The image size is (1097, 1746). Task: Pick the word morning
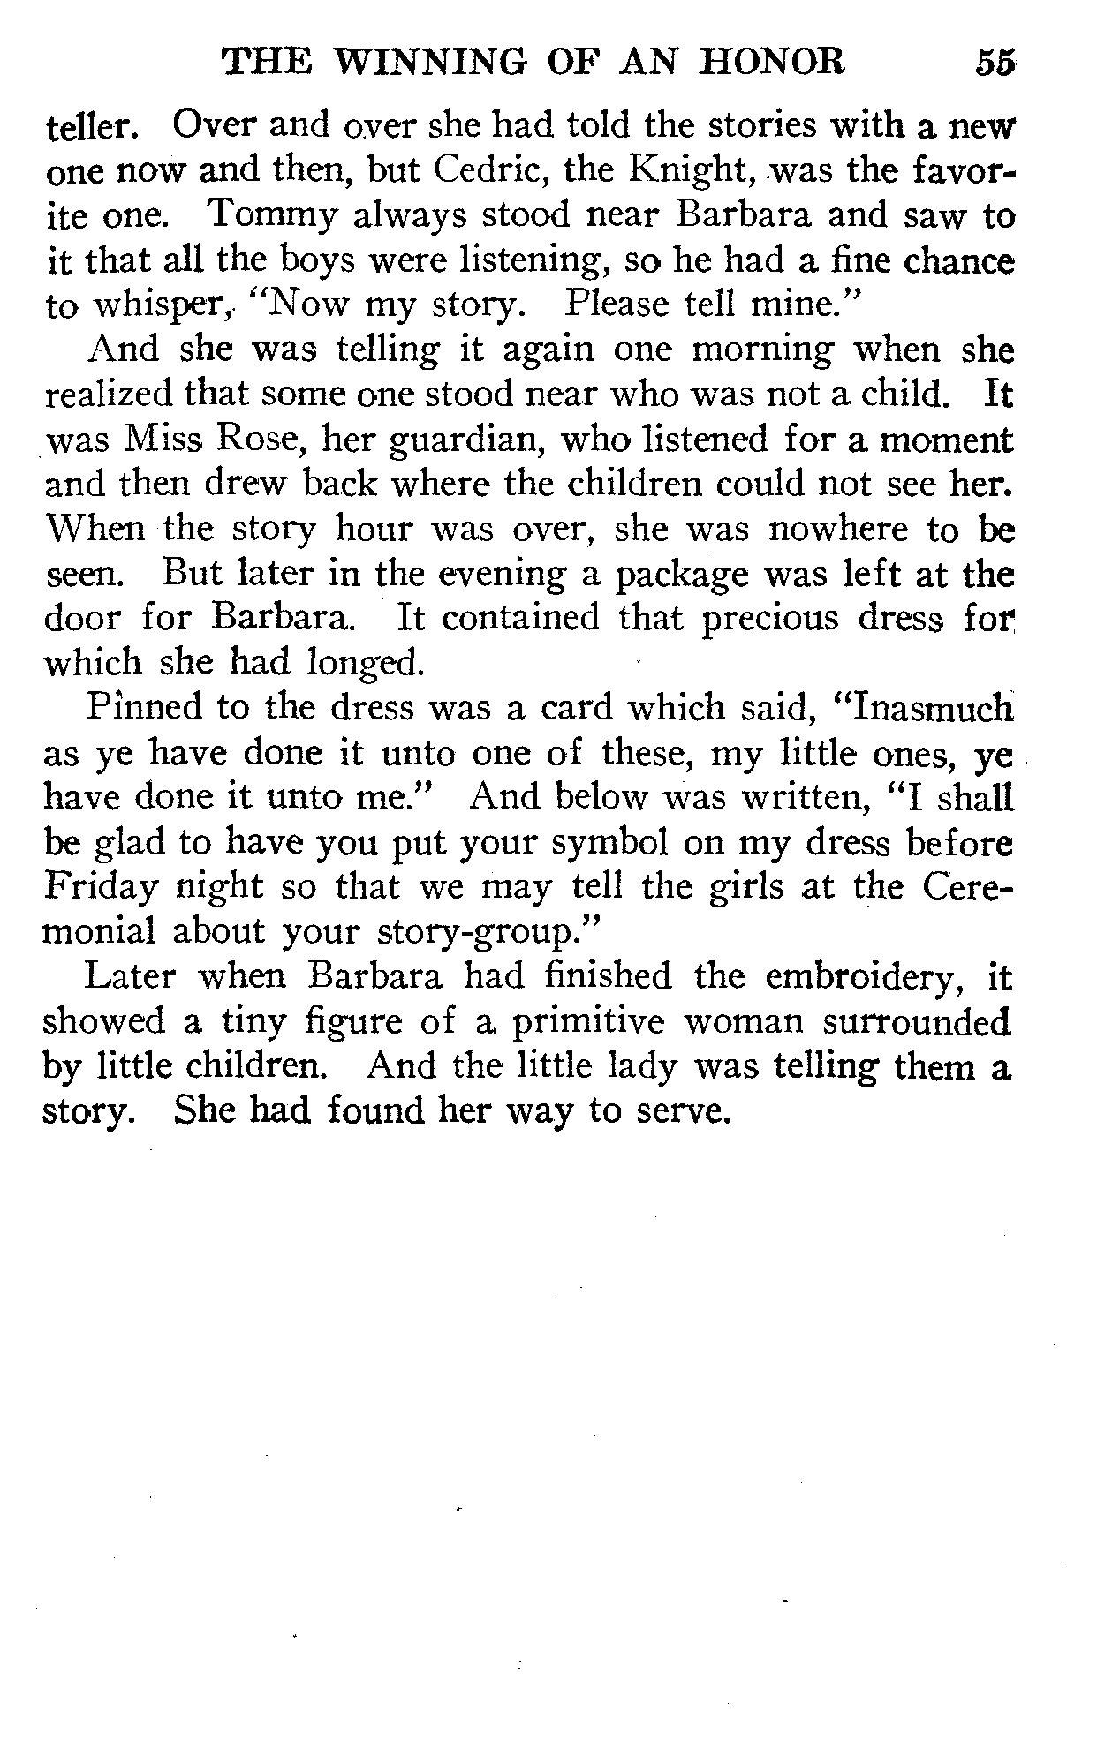coord(761,350)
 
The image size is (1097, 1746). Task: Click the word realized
coord(115,394)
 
